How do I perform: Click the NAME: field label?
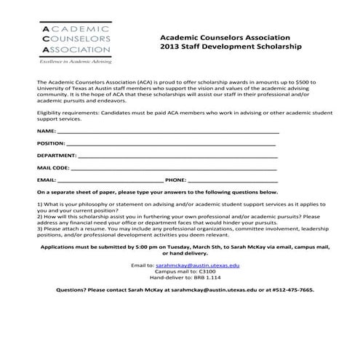coord(46,131)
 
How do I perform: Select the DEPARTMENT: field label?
coord(57,156)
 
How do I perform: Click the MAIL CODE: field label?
coord(53,167)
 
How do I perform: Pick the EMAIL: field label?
coord(47,179)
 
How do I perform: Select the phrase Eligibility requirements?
coord(69,114)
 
